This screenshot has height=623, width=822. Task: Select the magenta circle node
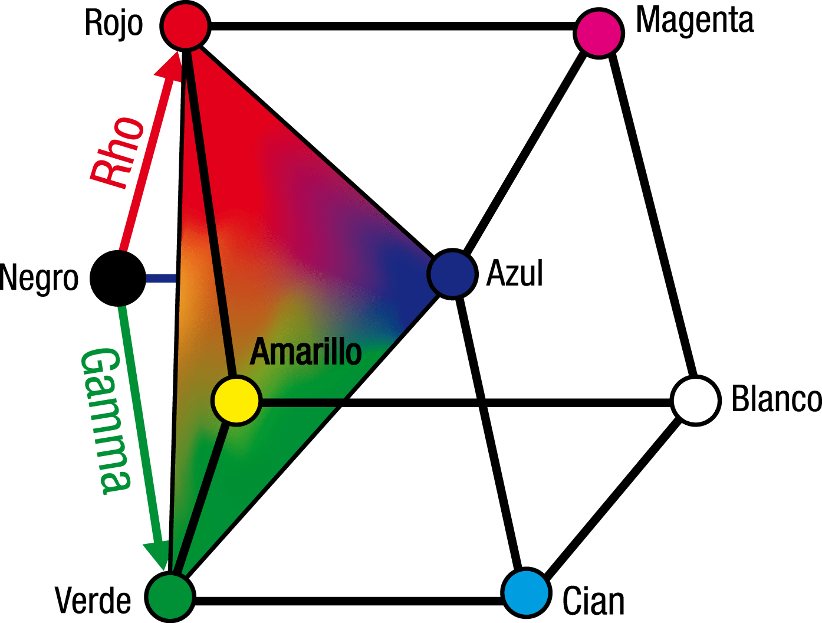[x=599, y=32]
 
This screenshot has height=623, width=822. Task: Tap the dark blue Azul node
[x=452, y=274]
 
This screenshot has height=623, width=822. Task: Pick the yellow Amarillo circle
[x=236, y=401]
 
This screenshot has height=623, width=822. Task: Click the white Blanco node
[x=696, y=401]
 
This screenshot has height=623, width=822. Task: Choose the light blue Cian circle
[x=527, y=593]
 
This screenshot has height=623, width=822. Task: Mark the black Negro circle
[x=118, y=278]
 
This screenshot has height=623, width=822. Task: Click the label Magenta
[x=695, y=21]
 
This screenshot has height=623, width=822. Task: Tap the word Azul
[x=514, y=274]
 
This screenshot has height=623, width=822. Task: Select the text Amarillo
[x=305, y=352]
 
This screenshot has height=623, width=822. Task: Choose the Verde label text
[x=93, y=601]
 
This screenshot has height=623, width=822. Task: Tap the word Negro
[x=40, y=278]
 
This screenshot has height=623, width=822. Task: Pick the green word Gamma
[x=105, y=420]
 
